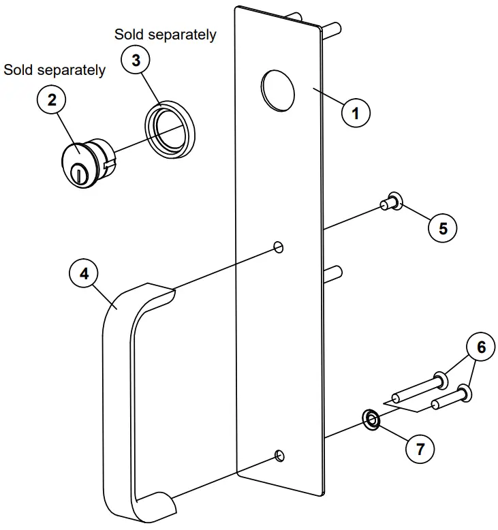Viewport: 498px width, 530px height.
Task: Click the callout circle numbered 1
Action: tap(355, 112)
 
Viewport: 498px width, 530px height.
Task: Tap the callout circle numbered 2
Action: tap(52, 100)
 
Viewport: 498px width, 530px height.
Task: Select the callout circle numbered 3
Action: tap(136, 61)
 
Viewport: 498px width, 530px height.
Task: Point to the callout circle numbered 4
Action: tap(84, 274)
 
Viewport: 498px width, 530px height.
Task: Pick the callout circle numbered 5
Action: tap(443, 228)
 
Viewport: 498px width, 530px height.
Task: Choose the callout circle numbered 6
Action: tap(481, 347)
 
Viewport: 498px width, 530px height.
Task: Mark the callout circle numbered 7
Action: tap(420, 449)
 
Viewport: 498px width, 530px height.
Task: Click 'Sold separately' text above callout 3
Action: tap(165, 34)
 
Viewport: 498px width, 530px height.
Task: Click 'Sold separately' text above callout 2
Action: tap(55, 70)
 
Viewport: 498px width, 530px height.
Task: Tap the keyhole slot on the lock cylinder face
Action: tap(79, 176)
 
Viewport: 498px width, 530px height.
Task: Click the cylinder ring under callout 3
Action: tap(168, 127)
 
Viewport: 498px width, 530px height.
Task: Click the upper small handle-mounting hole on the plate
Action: tap(278, 246)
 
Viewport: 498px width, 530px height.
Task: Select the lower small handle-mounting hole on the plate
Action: tap(278, 455)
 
